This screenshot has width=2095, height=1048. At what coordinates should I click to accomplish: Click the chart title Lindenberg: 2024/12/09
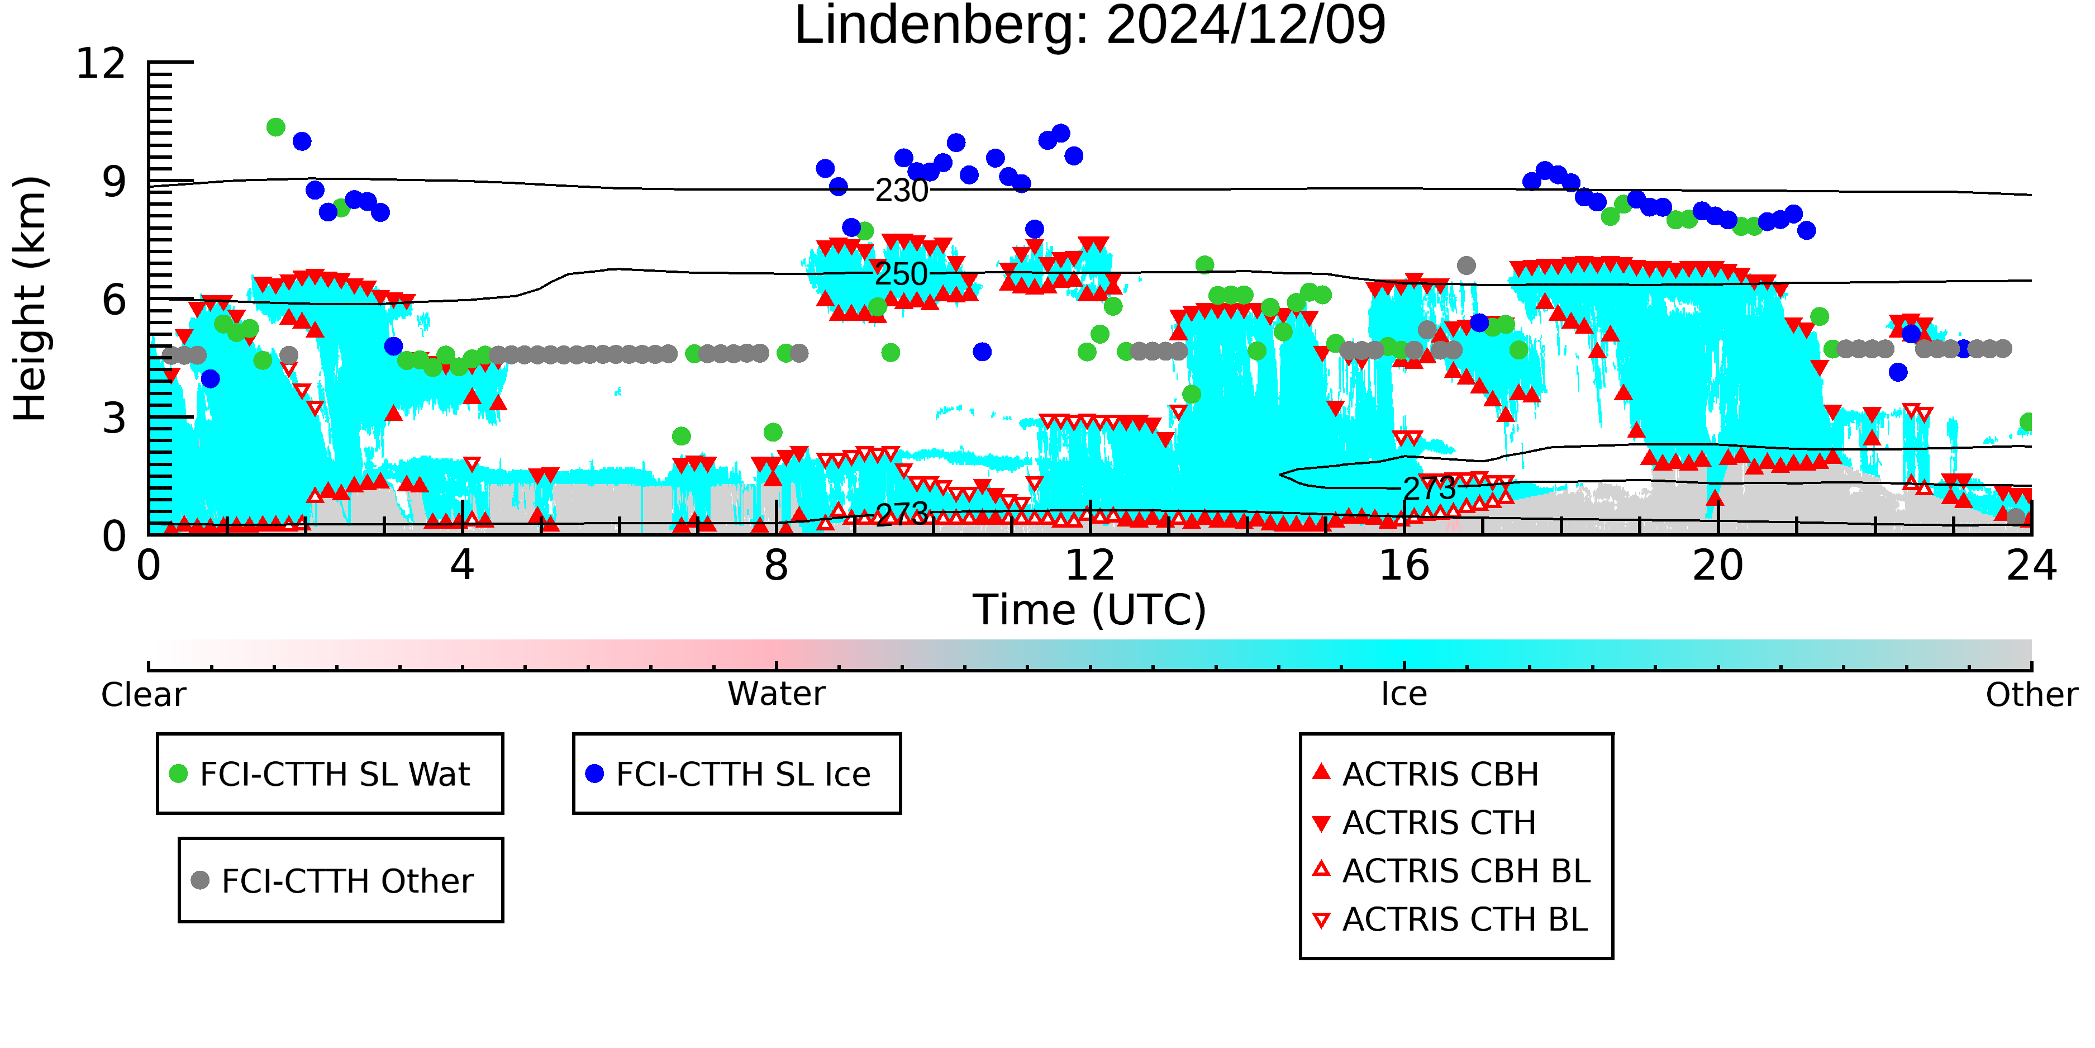1090,26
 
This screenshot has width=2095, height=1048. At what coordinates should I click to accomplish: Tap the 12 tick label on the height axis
101,64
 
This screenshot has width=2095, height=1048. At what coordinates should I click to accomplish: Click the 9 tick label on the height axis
114,182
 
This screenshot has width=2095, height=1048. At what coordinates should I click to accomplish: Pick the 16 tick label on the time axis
1404,566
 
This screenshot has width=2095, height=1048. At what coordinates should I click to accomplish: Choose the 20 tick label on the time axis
1718,566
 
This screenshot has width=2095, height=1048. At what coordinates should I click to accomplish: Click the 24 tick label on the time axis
2031,566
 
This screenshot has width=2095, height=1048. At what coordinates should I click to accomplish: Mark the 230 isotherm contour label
901,191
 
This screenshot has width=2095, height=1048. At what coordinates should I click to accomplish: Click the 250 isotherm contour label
901,274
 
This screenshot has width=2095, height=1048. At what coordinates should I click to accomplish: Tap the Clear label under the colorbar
143,695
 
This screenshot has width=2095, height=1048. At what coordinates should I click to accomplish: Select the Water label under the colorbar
776,694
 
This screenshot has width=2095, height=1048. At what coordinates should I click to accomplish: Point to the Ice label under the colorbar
1404,694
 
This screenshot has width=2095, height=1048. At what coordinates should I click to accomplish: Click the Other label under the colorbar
2031,695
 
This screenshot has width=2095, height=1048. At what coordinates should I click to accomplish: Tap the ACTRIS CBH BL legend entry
1452,871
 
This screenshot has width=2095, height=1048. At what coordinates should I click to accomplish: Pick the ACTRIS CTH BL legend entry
1450,919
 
